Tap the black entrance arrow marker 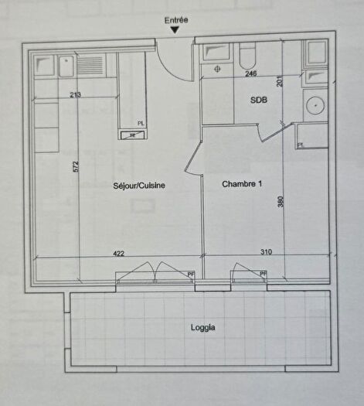tap(176, 30)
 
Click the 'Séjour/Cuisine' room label tap(139, 186)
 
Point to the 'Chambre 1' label tap(242, 184)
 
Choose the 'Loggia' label tap(203, 327)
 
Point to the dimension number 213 tap(75, 96)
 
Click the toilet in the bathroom tap(247, 56)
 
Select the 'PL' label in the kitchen tap(141, 123)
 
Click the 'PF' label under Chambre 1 tap(263, 273)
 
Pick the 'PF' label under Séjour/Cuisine tap(190, 273)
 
